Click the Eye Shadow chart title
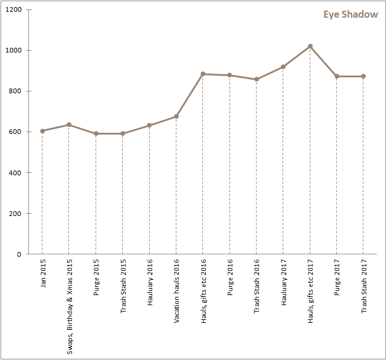350,14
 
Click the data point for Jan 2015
42,131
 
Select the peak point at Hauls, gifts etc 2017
310,46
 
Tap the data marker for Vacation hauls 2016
176,116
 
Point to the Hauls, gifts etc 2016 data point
203,74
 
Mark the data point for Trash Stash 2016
257,79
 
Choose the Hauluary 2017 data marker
283,67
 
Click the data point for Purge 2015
96,133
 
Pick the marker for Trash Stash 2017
363,76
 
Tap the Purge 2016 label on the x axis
229,277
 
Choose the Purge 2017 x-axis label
337,277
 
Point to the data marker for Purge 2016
229,75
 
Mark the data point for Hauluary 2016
149,125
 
